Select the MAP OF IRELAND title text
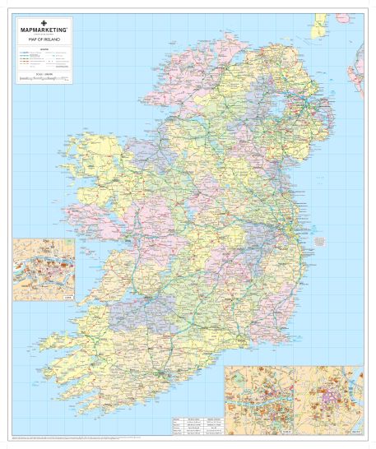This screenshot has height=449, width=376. pos(42,39)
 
